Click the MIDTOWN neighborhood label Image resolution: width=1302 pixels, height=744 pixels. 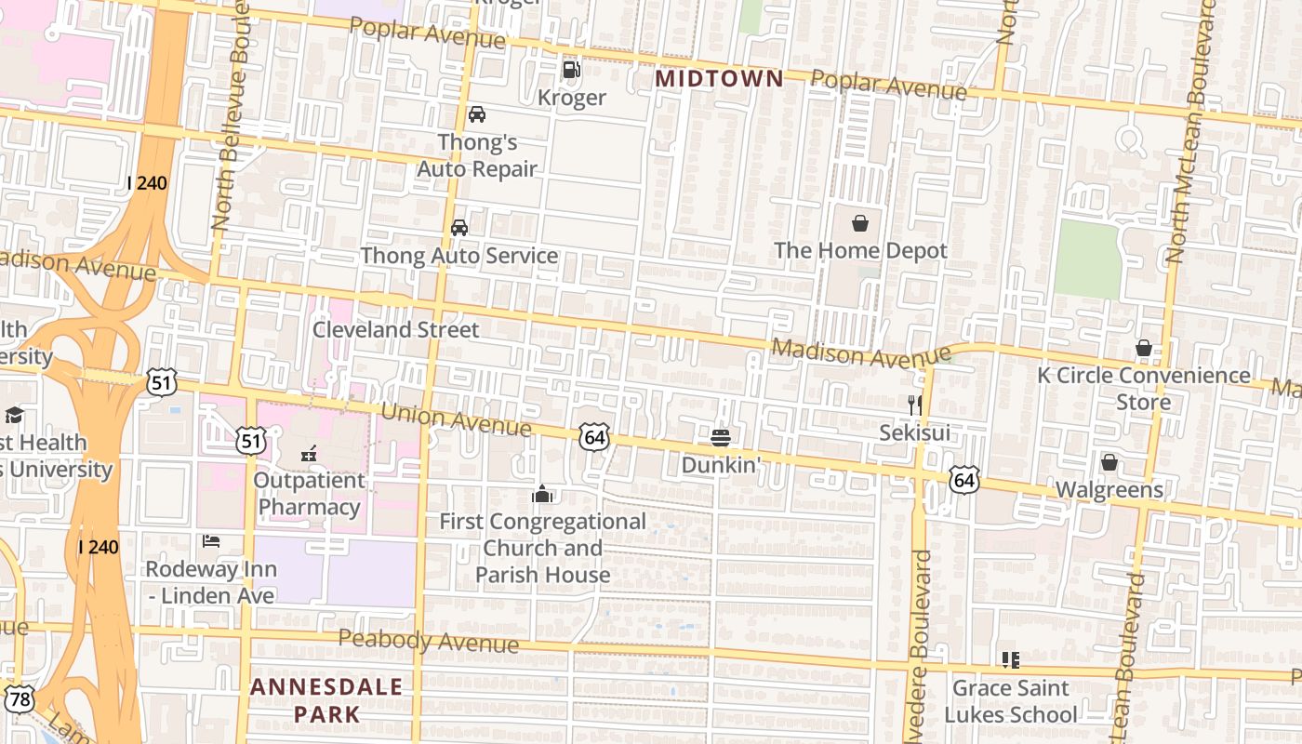[719, 79]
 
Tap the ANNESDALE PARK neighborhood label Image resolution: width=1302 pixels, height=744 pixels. [326, 700]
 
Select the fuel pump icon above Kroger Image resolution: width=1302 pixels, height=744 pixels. [571, 69]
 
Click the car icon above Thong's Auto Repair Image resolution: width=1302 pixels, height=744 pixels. [476, 114]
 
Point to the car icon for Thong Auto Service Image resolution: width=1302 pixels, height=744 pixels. [458, 228]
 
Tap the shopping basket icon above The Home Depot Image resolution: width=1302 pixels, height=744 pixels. [860, 223]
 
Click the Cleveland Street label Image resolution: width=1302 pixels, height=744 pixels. [395, 329]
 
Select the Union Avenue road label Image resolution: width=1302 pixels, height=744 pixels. [456, 419]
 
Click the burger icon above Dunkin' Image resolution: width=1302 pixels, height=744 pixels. [720, 437]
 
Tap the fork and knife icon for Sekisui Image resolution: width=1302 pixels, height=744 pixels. [915, 405]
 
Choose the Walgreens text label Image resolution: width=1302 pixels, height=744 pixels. [1109, 490]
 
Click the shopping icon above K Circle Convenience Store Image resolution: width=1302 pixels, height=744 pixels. [1143, 348]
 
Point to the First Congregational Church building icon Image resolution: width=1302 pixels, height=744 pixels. [541, 494]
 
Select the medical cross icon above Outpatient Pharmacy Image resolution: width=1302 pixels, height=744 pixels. [309, 454]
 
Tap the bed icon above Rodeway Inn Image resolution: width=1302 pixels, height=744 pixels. [211, 541]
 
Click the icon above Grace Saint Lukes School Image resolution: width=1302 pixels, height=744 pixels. [1011, 660]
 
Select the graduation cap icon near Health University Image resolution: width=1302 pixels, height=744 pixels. [14, 415]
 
